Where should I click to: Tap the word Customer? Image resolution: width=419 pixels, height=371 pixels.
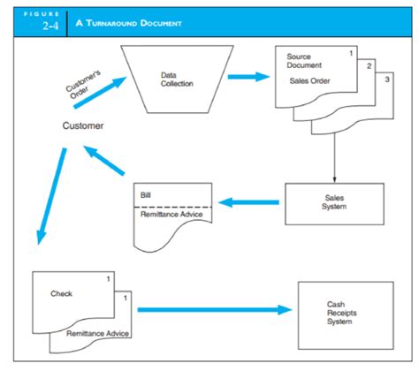click(x=83, y=125)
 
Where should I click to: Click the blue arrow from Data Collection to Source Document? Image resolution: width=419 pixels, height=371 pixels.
click(x=249, y=77)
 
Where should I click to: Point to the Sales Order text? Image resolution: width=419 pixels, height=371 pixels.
click(x=309, y=80)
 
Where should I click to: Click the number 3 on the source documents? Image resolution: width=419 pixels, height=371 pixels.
click(x=387, y=79)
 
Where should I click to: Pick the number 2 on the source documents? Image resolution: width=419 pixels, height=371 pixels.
click(x=369, y=66)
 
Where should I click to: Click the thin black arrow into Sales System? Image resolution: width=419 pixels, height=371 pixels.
click(x=334, y=158)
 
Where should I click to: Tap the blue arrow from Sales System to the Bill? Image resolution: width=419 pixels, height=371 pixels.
click(x=248, y=202)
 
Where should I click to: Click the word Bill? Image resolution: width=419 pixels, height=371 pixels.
click(x=146, y=195)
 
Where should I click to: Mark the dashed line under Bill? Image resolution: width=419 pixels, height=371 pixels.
click(x=173, y=208)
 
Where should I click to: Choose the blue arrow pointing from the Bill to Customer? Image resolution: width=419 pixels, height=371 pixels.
click(x=104, y=160)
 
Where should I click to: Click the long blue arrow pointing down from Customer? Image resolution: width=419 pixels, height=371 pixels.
click(x=51, y=196)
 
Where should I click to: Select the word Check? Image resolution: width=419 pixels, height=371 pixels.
click(x=61, y=293)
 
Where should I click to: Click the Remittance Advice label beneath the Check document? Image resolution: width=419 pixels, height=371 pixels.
click(x=97, y=333)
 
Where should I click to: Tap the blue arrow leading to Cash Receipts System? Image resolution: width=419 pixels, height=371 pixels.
click(x=215, y=310)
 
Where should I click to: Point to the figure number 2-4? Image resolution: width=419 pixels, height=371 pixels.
click(x=50, y=26)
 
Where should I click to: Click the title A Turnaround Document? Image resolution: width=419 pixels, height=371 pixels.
click(x=128, y=23)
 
